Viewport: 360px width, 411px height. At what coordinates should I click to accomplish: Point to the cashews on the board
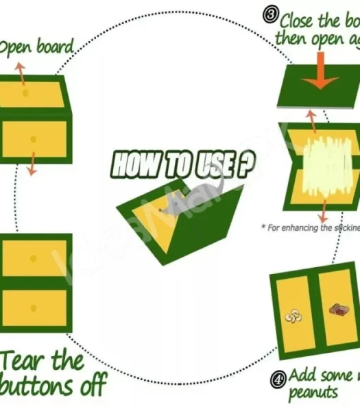pos(293,316)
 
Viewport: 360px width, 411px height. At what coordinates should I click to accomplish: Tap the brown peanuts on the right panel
pos(338,310)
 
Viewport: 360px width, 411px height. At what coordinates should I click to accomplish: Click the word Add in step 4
pos(303,375)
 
